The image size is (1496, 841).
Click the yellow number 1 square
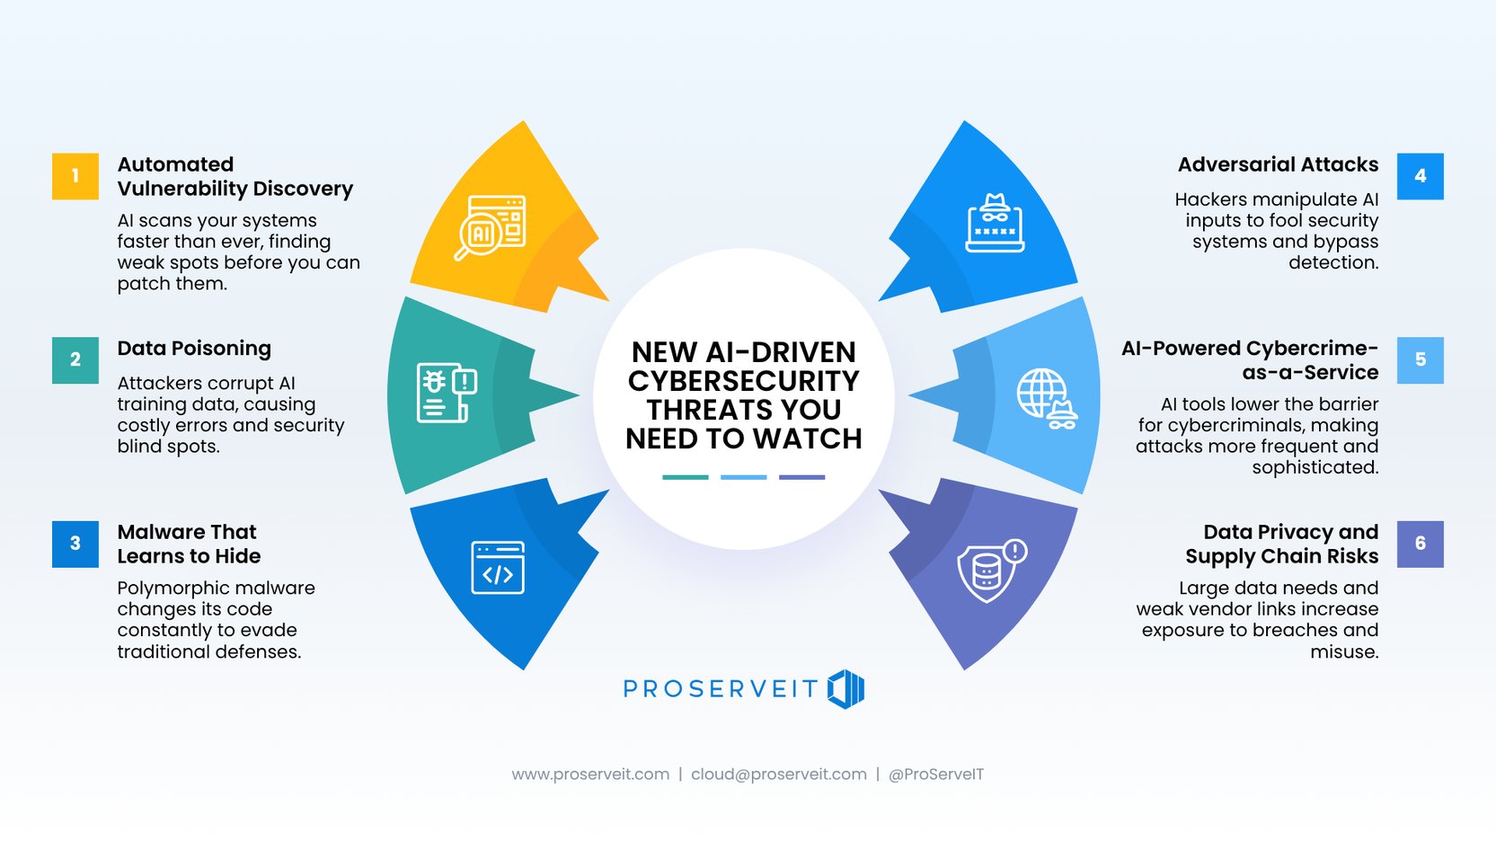click(75, 176)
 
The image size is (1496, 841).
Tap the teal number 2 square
click(75, 359)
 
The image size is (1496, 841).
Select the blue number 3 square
click(75, 544)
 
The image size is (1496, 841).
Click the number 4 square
click(1420, 176)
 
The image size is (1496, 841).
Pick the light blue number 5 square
click(1420, 359)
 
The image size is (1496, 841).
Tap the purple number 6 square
click(1420, 544)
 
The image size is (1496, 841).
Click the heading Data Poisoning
click(194, 349)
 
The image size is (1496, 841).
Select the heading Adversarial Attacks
click(1278, 165)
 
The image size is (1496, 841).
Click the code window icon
click(498, 568)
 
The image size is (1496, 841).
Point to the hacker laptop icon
click(995, 223)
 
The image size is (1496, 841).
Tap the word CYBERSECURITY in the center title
click(744, 381)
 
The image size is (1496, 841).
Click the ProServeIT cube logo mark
click(845, 689)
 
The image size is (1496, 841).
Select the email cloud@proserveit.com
click(778, 775)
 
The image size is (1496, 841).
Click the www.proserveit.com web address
click(590, 775)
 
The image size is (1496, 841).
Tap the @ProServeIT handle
click(935, 775)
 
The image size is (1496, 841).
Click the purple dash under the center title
click(801, 477)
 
